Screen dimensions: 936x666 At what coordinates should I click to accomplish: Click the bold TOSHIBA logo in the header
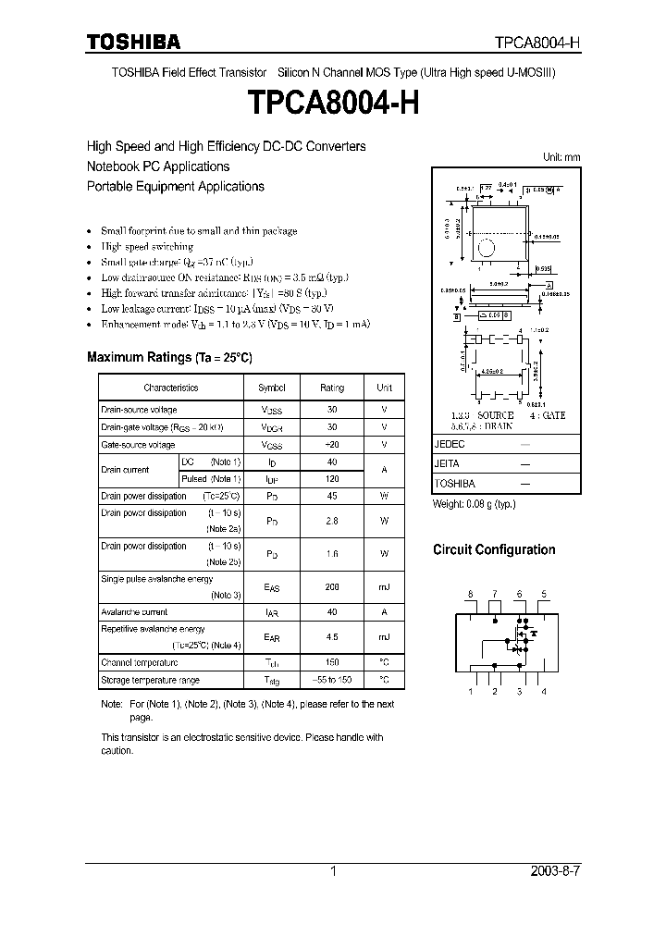pyautogui.click(x=134, y=42)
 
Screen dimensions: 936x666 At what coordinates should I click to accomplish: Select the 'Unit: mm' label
pyautogui.click(x=561, y=157)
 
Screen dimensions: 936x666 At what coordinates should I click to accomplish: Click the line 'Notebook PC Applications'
pyautogui.click(x=158, y=166)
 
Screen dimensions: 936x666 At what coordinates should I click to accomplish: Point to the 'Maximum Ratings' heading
pyautogui.click(x=168, y=357)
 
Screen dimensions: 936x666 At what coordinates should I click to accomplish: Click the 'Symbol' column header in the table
pyautogui.click(x=271, y=388)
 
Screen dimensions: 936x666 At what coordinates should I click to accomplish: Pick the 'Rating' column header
pyautogui.click(x=332, y=388)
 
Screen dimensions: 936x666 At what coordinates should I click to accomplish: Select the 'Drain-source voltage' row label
pyautogui.click(x=139, y=410)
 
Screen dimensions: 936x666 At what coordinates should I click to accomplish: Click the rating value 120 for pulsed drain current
pyautogui.click(x=332, y=479)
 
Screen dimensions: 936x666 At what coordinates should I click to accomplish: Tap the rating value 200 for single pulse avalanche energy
pyautogui.click(x=332, y=586)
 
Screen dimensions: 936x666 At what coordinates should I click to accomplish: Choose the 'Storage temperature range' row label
pyautogui.click(x=150, y=680)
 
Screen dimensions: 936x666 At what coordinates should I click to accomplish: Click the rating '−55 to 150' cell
pyautogui.click(x=332, y=680)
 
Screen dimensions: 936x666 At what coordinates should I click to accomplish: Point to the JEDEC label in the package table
pyautogui.click(x=448, y=445)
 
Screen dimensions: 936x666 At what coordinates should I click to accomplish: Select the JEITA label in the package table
pyautogui.click(x=446, y=464)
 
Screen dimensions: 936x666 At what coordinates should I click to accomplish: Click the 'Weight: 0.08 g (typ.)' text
pyautogui.click(x=475, y=504)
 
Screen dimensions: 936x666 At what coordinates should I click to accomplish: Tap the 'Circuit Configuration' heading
pyautogui.click(x=494, y=549)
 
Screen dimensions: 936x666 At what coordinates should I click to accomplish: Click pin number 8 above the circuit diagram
pyautogui.click(x=470, y=594)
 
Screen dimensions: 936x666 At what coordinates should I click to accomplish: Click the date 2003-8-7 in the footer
pyautogui.click(x=560, y=872)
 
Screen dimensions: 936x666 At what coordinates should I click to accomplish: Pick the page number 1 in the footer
pyautogui.click(x=333, y=872)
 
